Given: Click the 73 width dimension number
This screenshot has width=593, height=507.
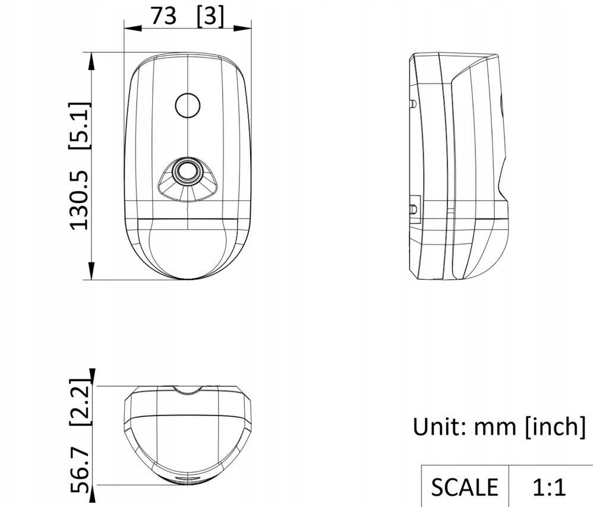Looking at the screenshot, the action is [164, 16].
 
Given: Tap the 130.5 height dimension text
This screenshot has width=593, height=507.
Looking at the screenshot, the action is [79, 200].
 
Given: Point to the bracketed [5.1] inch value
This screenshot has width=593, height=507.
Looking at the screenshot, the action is [80, 126].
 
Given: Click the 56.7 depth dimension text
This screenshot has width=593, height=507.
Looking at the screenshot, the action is [80, 471].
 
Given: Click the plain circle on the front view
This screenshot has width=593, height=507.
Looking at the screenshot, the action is [188, 106].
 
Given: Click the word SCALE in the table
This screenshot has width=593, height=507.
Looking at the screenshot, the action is [465, 487].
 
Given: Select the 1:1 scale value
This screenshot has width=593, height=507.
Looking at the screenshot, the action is [549, 487].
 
